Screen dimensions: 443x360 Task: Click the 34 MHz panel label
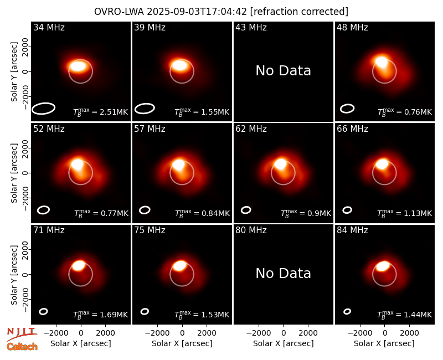49,27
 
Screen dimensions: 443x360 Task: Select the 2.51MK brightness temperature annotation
101,112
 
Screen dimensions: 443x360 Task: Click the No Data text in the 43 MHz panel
283,71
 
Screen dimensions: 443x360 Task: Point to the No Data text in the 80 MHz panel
283,273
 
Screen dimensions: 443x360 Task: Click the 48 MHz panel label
352,27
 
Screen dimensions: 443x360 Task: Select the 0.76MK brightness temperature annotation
405,112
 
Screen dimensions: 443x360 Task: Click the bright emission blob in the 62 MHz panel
280,164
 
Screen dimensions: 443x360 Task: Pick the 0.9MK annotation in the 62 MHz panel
306,213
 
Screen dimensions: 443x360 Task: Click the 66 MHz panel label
352,129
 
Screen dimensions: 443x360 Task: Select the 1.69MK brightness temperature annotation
101,314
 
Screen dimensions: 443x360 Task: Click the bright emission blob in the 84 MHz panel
383,266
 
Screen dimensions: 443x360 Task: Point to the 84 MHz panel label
352,230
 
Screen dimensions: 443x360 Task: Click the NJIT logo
22,334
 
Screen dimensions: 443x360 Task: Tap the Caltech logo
22,347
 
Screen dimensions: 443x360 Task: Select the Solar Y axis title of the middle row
14,173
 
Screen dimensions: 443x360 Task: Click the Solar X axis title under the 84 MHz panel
384,343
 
